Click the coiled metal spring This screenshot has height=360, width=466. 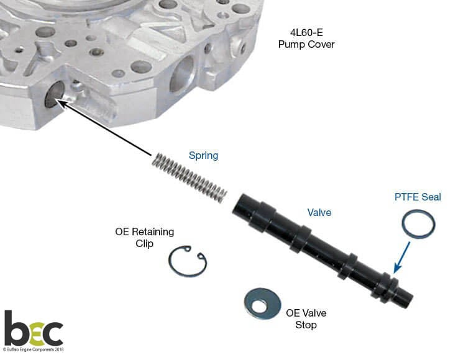(x=190, y=178)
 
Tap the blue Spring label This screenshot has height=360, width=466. (x=204, y=156)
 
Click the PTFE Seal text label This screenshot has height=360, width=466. (x=418, y=197)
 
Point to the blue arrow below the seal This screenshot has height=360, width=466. (x=402, y=257)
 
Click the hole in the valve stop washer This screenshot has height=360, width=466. (x=259, y=305)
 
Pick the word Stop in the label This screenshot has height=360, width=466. (x=306, y=325)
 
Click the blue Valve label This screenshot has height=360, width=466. (x=319, y=212)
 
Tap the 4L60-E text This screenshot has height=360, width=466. (x=306, y=32)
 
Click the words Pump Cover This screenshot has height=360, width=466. (x=306, y=45)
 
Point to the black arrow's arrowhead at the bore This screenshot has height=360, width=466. (x=60, y=103)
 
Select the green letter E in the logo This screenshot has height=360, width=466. (x=35, y=334)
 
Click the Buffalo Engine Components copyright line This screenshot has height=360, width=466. (x=34, y=349)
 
